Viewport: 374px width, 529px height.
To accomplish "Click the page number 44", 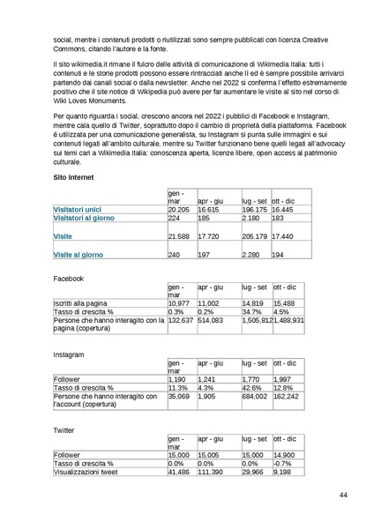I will click(x=343, y=495).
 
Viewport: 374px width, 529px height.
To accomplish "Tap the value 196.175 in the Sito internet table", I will click(x=255, y=210).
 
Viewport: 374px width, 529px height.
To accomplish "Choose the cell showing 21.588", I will click(x=179, y=237).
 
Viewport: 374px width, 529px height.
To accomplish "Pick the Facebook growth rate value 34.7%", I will click(x=252, y=311).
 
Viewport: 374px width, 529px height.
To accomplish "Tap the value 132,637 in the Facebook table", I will click(x=180, y=321).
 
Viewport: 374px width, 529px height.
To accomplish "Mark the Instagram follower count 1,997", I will click(x=285, y=378).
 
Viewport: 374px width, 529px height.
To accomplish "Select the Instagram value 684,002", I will click(x=255, y=397).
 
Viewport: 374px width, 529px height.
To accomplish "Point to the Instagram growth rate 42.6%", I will click(x=252, y=387).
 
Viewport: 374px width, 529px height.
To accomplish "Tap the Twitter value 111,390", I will click(x=212, y=472).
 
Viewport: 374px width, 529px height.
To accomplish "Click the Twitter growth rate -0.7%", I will click(x=282, y=463).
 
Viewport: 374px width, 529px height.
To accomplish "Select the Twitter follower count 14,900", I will click(x=286, y=454).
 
